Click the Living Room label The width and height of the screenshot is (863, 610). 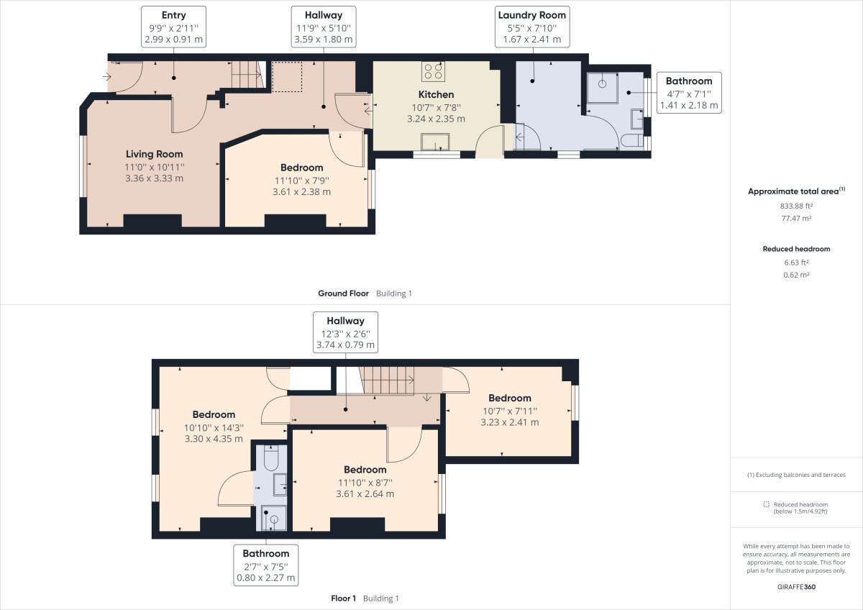coord(154,154)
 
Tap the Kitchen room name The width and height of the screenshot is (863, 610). coord(437,94)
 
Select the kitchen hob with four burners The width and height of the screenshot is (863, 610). coord(433,70)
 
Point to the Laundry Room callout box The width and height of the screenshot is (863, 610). coord(532,27)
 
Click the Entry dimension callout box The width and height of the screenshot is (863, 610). coord(174,27)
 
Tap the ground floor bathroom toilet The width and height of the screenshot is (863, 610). coord(633,141)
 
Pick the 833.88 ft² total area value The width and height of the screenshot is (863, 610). coord(796,205)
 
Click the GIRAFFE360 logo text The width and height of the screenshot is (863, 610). coord(796,586)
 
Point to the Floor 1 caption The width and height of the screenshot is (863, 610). coord(343,598)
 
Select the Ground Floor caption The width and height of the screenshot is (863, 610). coord(343,293)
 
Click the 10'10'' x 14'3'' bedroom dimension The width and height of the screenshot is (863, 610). coord(214,427)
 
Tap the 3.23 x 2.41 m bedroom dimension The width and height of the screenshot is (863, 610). coord(509,422)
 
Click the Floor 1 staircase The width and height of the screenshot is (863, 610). coord(388,380)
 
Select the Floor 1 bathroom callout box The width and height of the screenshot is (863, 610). coord(265,565)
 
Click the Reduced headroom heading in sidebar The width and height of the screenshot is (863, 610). coord(796,249)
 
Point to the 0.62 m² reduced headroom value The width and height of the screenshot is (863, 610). coord(796,275)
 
